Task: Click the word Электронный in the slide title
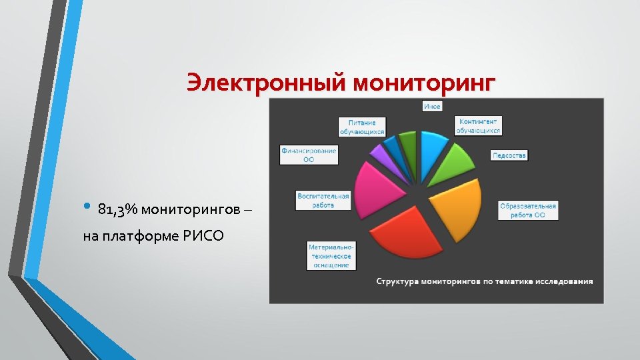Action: point(266,83)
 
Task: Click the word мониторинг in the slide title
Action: point(424,83)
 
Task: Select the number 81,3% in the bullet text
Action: point(117,210)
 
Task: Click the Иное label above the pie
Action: point(432,106)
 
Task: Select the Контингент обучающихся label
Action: point(478,126)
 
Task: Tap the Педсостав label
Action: point(509,155)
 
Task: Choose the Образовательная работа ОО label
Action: point(528,211)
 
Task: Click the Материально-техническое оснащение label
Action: point(331,256)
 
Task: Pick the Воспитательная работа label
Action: point(323,201)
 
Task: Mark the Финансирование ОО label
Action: point(309,155)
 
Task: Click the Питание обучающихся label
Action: point(362,127)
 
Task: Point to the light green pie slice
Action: point(454,163)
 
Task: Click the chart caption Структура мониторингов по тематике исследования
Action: point(484,281)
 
